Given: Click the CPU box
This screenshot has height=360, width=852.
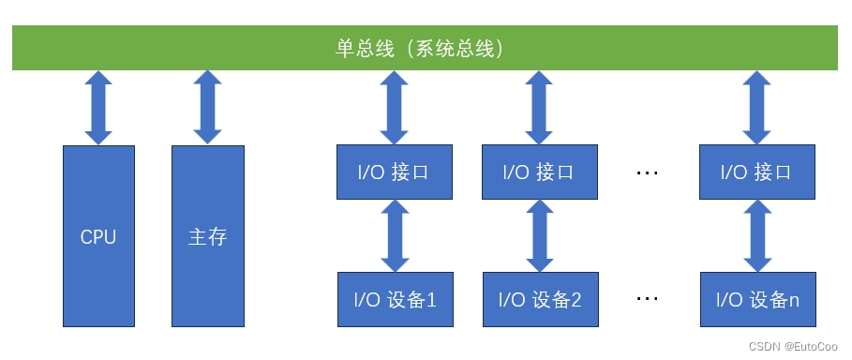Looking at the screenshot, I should tap(98, 236).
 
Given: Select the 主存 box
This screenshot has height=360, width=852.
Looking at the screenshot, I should tap(207, 236).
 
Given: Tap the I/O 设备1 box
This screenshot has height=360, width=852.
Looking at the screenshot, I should tap(395, 299).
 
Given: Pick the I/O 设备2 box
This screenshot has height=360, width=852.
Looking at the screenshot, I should tap(540, 299).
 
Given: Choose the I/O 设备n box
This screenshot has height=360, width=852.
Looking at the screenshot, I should tap(757, 299).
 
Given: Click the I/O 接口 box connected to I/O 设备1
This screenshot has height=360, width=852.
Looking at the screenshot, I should tap(395, 172).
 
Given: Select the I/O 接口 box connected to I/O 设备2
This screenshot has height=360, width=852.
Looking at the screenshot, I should tap(540, 172).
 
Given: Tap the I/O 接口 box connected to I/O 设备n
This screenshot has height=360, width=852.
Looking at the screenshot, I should tap(757, 172).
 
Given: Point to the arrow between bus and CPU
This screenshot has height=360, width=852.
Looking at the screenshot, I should tap(98, 108).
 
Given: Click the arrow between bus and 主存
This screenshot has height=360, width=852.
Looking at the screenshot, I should tap(207, 108).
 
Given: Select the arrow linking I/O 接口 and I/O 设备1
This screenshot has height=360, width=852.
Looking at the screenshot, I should tap(395, 235).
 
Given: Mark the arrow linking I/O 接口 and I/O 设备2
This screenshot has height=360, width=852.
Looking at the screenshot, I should tap(540, 235).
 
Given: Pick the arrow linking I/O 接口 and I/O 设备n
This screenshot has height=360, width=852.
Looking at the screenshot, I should tap(757, 235).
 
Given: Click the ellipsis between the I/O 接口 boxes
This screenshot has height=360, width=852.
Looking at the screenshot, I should tap(648, 173).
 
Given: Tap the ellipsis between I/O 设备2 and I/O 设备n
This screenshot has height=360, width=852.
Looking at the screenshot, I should tap(648, 300).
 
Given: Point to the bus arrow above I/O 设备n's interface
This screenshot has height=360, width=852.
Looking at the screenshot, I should tap(757, 108).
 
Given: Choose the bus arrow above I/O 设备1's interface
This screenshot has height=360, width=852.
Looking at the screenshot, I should tap(395, 108).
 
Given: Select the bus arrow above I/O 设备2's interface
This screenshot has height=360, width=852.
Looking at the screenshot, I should tap(540, 108).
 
